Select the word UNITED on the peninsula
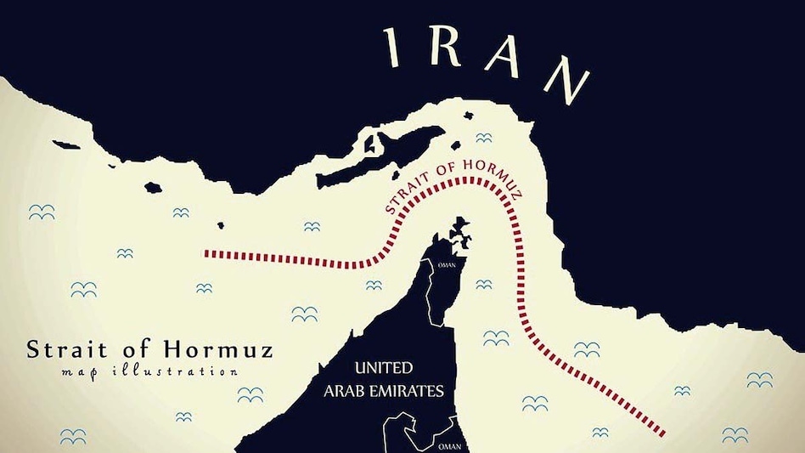384,369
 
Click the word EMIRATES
411,392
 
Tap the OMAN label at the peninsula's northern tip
446,264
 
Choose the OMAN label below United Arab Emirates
448,445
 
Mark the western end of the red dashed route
206,253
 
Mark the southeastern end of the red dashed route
661,433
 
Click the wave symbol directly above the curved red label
483,138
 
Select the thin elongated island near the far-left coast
67,146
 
